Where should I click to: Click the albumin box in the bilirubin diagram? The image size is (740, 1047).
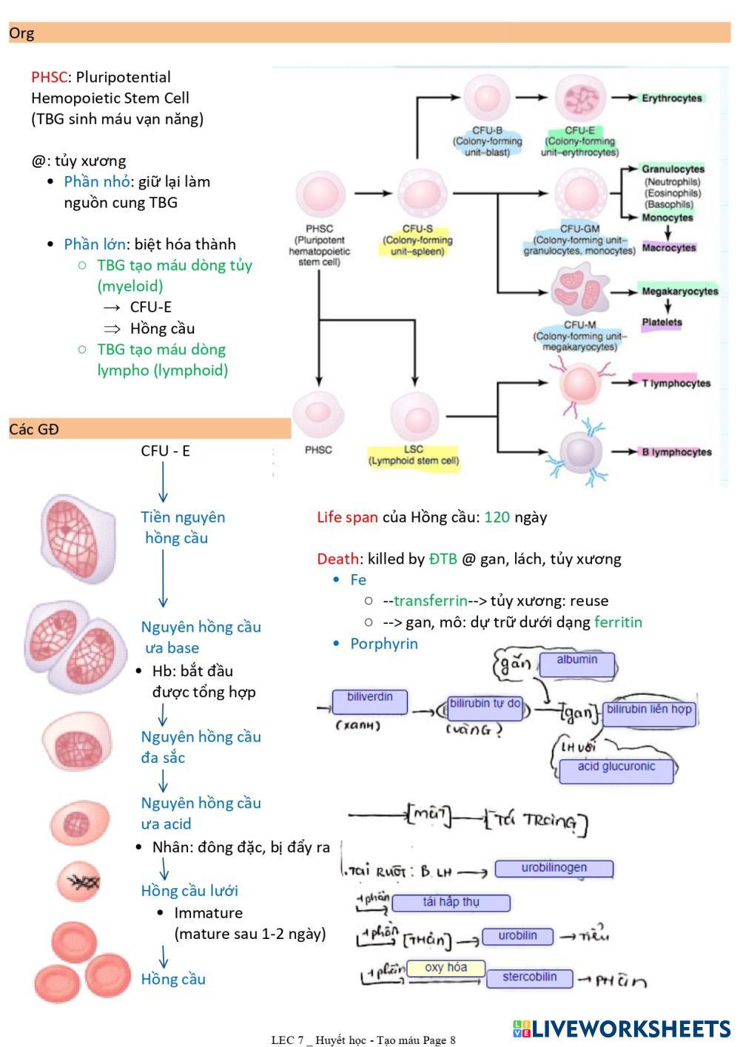coord(577,664)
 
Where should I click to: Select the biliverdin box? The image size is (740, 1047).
coord(369,701)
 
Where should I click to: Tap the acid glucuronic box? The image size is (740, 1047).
coord(616,770)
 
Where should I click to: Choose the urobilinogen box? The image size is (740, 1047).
coord(554,869)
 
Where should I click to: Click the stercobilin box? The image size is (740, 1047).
coord(529,978)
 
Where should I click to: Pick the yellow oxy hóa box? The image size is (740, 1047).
coord(445,968)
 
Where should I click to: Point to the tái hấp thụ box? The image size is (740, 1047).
coord(451,903)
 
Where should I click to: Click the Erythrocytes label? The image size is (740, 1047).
coord(671,98)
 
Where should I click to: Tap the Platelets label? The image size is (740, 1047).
coord(662,323)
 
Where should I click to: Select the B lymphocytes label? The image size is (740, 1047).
coord(676,452)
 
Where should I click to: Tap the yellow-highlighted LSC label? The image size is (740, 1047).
coord(414,455)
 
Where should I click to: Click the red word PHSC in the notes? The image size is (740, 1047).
coord(49,77)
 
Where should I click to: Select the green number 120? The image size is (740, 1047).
coord(497,517)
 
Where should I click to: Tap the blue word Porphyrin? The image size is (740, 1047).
coord(384,644)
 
